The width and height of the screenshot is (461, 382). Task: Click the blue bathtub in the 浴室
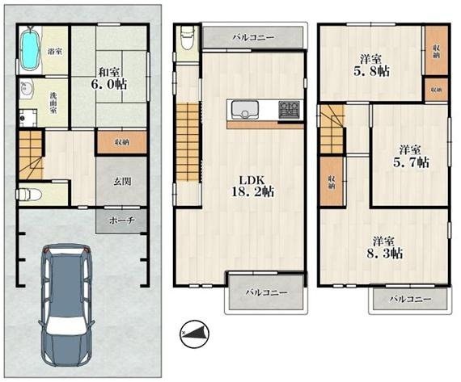30,50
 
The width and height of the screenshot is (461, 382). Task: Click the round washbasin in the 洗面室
27,89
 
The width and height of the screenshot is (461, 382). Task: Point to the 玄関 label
122,182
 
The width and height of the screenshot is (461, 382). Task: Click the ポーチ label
122,220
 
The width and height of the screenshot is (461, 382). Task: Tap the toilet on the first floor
28,194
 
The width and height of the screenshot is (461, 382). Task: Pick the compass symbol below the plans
194,334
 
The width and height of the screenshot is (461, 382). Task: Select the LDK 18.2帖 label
253,186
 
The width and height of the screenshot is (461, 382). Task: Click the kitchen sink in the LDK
244,110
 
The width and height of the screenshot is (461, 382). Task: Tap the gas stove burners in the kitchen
290,110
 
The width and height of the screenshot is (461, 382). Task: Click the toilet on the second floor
186,37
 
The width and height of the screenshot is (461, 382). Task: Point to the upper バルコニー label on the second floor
253,38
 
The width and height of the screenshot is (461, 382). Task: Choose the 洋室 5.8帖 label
371,65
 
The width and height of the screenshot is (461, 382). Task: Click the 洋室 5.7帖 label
410,156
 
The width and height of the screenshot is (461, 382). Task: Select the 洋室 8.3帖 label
384,247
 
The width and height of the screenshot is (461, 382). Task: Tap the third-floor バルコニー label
410,299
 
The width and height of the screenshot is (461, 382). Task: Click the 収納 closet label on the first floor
122,143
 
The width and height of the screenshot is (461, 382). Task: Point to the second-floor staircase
188,142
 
